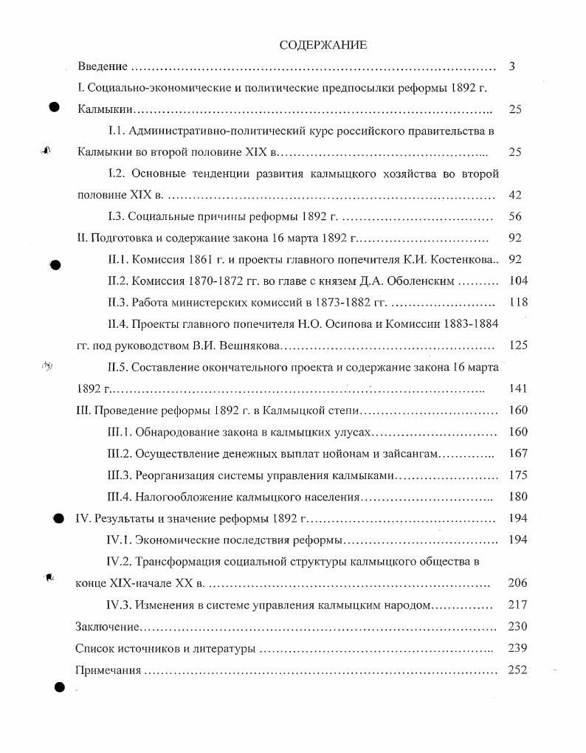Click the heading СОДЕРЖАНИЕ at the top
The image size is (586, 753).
coord(323,45)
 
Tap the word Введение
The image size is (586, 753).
coord(103,67)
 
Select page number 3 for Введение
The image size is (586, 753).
coord(511,67)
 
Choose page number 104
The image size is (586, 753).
coord(518,281)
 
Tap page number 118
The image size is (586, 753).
coord(518,303)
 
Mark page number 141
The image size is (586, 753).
coord(518,388)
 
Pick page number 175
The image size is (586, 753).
coord(518,475)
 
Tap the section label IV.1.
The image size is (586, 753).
coord(120,540)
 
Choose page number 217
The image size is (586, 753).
coord(518,605)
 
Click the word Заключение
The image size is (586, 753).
coord(108,627)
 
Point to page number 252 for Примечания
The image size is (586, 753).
coord(518,670)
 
